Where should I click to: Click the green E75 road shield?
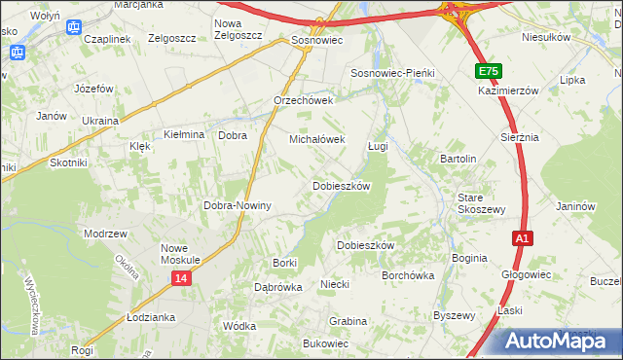coord(490,72)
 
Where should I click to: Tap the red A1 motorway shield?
coord(523,237)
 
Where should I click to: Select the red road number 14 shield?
coord(182,278)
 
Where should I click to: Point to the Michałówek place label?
coord(317,139)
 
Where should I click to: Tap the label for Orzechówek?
coord(304,100)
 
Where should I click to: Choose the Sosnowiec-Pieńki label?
coord(392,74)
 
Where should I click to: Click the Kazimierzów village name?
coord(508,90)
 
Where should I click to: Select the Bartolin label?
coord(458,158)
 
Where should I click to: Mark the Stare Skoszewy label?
coord(482,203)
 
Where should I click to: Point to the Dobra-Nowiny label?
coord(237,206)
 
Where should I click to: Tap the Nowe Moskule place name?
coord(180,254)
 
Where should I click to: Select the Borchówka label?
coord(408,275)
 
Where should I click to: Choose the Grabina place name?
coord(348,320)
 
